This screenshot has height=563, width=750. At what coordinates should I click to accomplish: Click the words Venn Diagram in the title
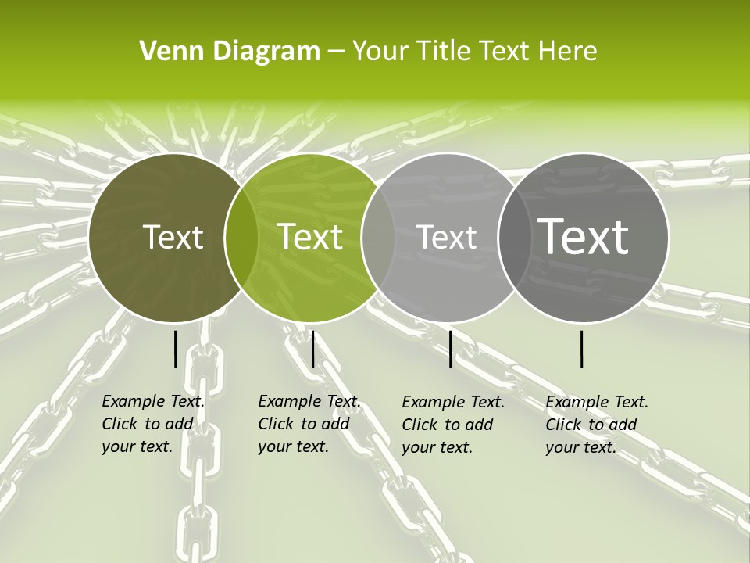coord(230,52)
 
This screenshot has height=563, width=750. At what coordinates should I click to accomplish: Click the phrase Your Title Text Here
coord(474,52)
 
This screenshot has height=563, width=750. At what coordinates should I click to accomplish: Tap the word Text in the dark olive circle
coord(173,237)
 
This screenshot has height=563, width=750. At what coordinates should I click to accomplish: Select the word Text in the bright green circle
coord(310,237)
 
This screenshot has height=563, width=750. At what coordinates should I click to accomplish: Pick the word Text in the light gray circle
coord(447,237)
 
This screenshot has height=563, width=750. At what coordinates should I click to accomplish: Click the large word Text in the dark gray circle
coord(584,236)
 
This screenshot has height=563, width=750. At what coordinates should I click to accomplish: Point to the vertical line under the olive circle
coord(175,349)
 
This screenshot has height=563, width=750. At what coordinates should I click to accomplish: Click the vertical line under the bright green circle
coord(312,349)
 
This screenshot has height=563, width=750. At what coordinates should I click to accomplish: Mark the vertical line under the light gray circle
coord(451,349)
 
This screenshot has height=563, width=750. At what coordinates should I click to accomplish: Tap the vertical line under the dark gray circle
coord(582,349)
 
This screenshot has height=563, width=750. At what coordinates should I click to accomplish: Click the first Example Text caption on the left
coord(152,424)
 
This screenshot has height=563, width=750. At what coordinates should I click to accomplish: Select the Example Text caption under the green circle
coord(309,424)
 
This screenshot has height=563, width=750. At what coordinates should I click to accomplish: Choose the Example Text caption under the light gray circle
coord(452,425)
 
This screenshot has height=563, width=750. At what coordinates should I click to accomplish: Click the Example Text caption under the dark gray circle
coord(596,425)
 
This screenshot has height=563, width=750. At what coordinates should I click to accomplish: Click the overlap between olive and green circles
coord(241,237)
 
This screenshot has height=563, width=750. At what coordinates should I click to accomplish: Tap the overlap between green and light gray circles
coord(378,237)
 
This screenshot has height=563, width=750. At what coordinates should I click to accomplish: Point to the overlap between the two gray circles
coord(515,237)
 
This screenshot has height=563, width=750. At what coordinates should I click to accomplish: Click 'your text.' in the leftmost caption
coord(137,447)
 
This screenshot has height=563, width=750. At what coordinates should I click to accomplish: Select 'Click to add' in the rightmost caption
coord(591,425)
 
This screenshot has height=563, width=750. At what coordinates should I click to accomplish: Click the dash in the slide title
coord(336,52)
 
